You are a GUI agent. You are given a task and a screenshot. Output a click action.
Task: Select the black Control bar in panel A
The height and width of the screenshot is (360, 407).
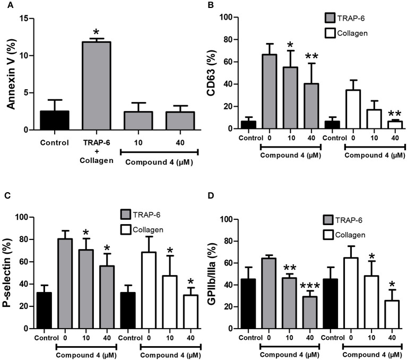pos(55,120)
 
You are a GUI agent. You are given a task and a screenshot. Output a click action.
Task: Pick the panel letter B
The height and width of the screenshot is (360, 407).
pos(212,5)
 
